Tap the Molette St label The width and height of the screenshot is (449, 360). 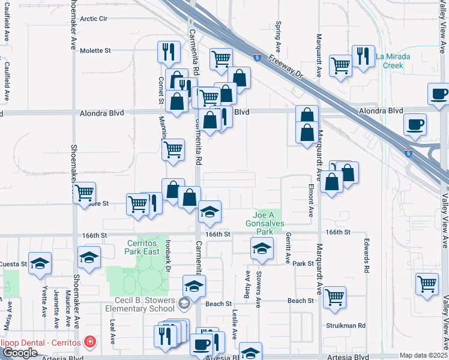96,51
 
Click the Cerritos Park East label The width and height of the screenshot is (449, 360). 141,247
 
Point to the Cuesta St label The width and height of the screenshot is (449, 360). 13,264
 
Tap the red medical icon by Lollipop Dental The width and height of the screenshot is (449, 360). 90,342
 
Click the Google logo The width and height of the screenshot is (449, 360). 20,353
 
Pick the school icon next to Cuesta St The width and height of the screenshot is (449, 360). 40,263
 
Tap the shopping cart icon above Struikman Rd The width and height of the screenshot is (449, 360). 334,296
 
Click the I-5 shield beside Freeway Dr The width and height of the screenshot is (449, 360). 257,58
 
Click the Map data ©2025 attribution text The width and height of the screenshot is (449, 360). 423,355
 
